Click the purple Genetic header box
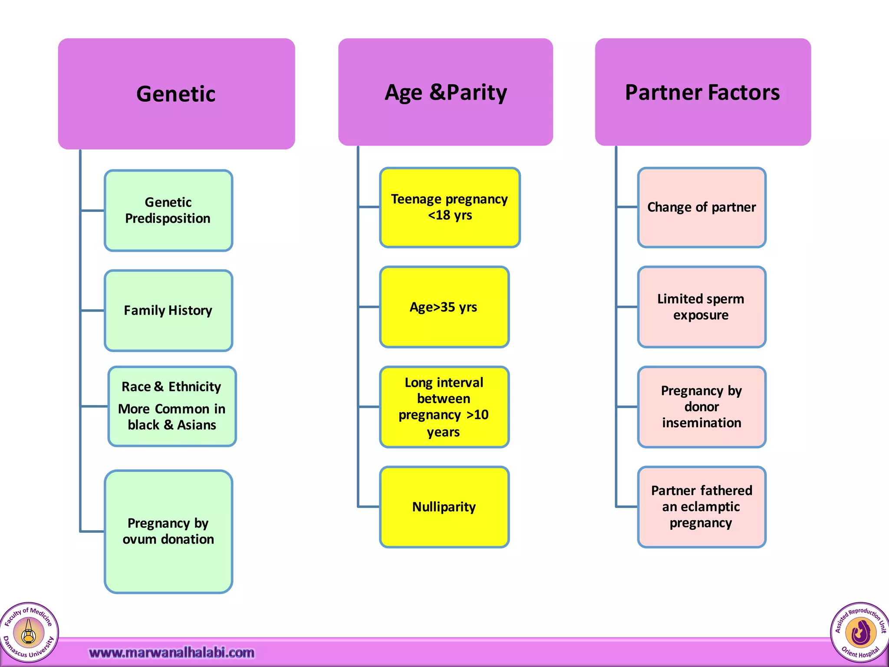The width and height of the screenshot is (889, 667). coord(176,94)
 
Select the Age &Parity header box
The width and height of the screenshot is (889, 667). coord(445,92)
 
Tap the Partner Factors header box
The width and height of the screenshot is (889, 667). coord(702,92)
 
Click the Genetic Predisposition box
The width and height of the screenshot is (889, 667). coord(168,211)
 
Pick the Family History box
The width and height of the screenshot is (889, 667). coord(168,310)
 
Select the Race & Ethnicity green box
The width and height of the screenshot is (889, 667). coord(172,406)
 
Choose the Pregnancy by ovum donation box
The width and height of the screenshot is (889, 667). coord(168,531)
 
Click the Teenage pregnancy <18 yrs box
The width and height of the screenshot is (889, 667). coord(450,207)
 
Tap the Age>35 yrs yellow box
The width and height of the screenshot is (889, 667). coord(444,307)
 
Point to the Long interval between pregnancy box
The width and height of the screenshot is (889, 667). coord(444,407)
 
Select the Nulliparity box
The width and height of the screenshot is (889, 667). coord(444,507)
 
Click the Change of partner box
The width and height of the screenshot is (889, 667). coord(701,207)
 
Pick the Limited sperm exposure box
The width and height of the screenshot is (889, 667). coord(701,307)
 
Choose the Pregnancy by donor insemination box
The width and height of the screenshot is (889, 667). coord(701,407)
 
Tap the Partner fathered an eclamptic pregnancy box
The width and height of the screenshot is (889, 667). coord(701,507)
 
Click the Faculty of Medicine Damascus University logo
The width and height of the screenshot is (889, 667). coord(29,632)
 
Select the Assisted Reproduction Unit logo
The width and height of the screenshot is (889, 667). coord(860,632)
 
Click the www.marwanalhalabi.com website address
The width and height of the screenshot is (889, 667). coord(171,653)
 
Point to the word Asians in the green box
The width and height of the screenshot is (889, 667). coord(197,425)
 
